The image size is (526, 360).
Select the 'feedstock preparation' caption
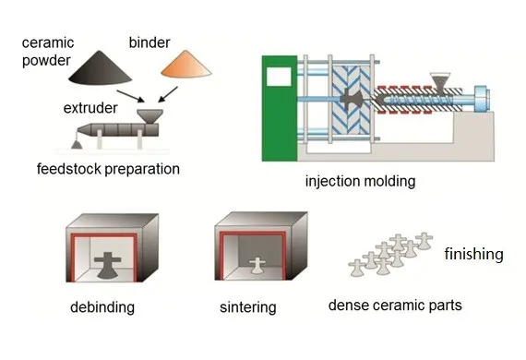(108, 169)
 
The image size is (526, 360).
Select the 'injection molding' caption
(360, 182)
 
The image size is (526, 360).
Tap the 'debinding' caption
(101, 306)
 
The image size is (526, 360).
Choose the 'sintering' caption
(247, 306)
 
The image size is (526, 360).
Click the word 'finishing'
(473, 254)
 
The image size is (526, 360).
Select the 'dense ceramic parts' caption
(395, 306)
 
